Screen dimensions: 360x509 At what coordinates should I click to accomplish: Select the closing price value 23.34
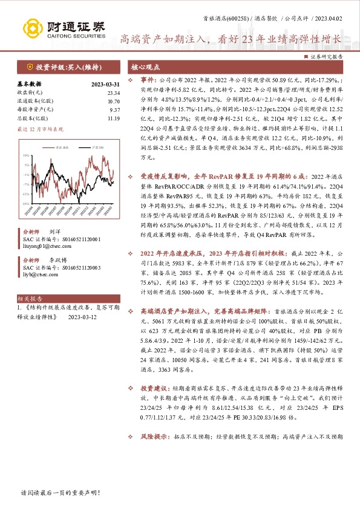coord(97,92)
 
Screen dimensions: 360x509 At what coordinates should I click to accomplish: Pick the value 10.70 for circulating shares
coord(97,101)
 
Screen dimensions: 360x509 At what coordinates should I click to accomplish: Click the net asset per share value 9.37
coord(98,110)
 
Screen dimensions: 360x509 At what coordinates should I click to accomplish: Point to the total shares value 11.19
coord(97,118)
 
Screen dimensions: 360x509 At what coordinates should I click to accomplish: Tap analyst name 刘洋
coord(55,232)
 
